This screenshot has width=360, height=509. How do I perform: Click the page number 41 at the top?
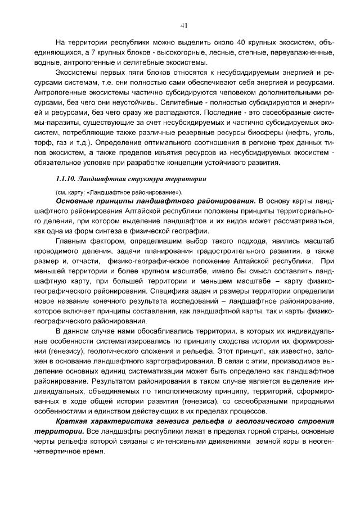(x=183, y=25)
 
